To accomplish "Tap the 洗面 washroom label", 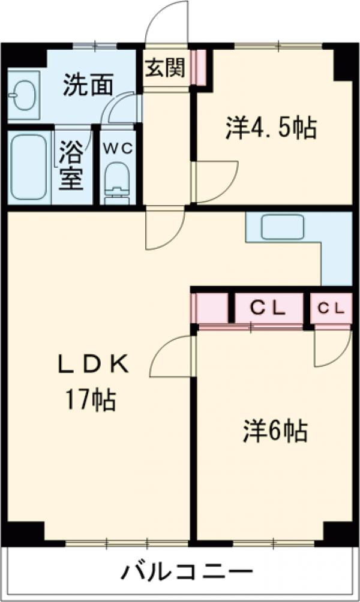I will tap(88, 86).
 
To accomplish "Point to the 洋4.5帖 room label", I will tap(271, 128).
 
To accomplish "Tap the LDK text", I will tap(93, 364).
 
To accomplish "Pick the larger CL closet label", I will tap(268, 308).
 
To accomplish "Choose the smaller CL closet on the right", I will tap(331, 308).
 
